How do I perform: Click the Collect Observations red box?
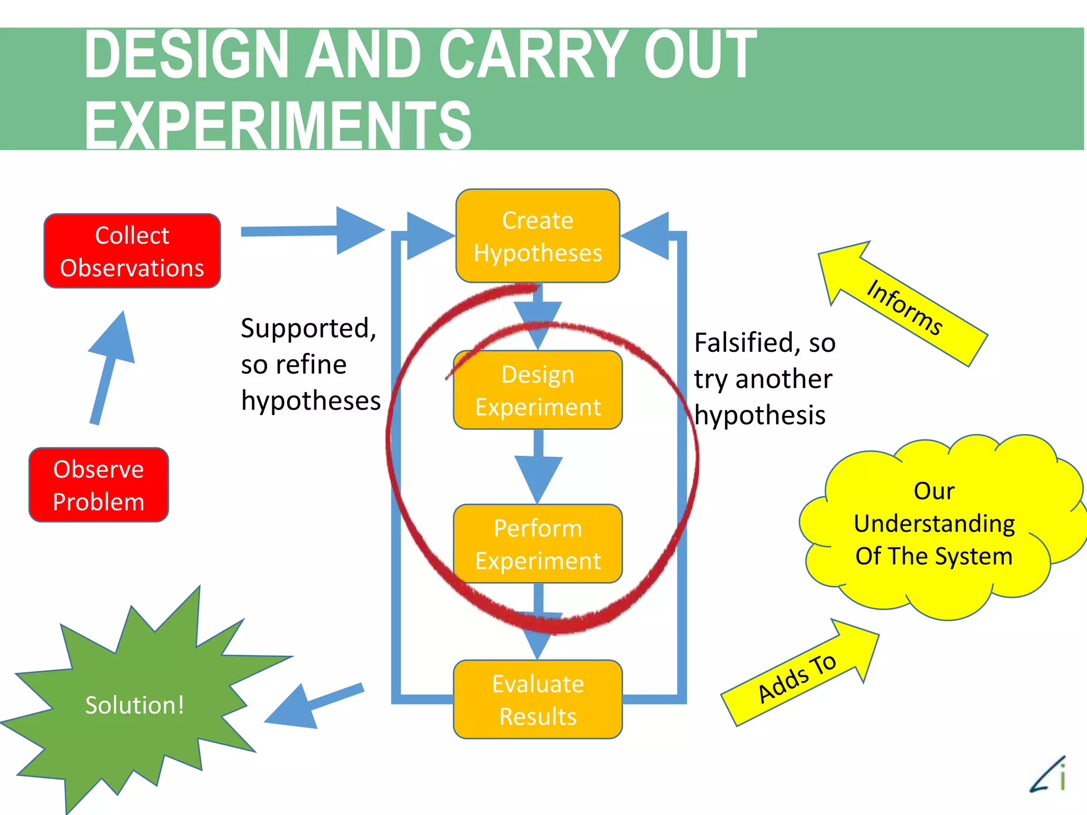[132, 251]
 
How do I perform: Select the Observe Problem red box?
[99, 485]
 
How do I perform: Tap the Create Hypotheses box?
[538, 236]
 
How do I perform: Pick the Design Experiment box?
[538, 390]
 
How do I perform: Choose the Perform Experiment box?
[538, 544]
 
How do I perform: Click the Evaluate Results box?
[538, 699]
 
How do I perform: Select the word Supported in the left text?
[308, 328]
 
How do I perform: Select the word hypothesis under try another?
[760, 415]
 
